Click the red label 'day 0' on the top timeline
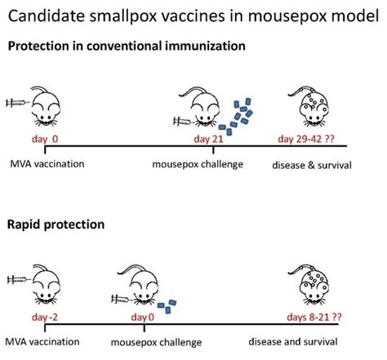click(x=45, y=139)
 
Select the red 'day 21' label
click(x=208, y=139)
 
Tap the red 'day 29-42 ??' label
click(x=306, y=139)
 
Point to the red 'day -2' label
click(x=45, y=317)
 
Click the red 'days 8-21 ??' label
click(x=314, y=317)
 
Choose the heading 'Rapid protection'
click(x=56, y=224)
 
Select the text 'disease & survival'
click(x=312, y=165)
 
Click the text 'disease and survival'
click(x=293, y=342)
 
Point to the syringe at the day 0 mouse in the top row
click(x=18, y=103)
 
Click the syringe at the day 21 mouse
click(x=184, y=122)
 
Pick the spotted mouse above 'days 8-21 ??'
click(x=310, y=285)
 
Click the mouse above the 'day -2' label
click(x=46, y=284)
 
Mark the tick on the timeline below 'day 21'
click(x=213, y=149)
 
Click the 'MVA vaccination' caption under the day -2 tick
click(x=42, y=342)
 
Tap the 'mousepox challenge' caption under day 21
click(x=198, y=164)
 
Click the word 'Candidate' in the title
click(x=47, y=16)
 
